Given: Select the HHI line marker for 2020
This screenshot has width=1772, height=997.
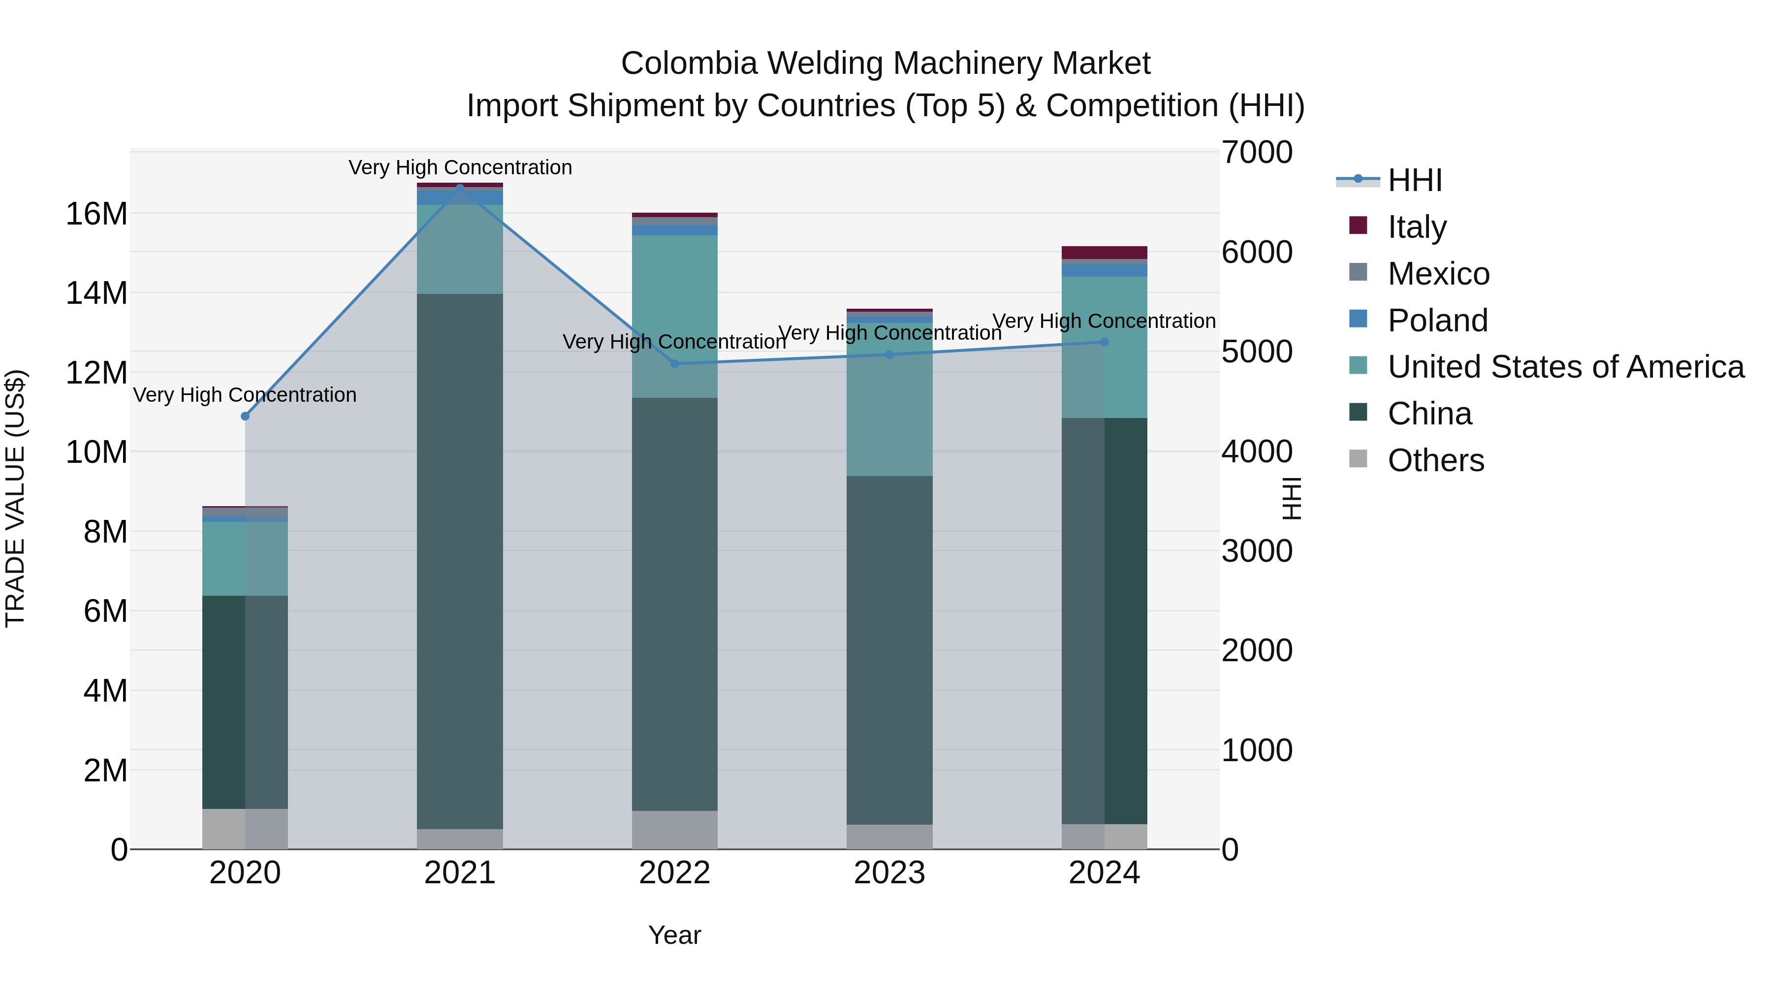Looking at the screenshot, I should [x=245, y=416].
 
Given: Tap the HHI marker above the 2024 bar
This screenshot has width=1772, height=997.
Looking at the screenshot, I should [x=1104, y=342].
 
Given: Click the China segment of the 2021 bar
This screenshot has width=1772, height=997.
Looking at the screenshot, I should [x=460, y=561].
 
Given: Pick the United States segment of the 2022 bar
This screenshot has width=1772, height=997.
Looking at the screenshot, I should [x=674, y=317].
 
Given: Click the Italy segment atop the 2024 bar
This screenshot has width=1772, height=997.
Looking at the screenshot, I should [x=1104, y=253].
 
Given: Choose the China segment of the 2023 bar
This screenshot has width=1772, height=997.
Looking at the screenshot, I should [x=889, y=650].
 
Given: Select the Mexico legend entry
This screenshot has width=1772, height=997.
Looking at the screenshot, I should [x=1438, y=274].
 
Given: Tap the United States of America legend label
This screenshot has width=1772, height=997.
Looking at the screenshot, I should [x=1566, y=367].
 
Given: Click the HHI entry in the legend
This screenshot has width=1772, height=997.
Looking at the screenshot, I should [x=1414, y=180].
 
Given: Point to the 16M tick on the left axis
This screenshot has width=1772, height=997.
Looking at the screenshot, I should [x=96, y=214].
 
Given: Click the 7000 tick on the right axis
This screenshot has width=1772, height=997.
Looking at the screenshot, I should [x=1257, y=153].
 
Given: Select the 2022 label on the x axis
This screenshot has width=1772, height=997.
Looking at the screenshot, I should [x=674, y=873].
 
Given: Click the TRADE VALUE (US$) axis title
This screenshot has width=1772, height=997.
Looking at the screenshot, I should [x=15, y=498].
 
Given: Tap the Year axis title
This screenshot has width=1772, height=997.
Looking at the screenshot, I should [x=674, y=935].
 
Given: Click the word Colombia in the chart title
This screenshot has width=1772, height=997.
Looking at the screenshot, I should [x=689, y=64].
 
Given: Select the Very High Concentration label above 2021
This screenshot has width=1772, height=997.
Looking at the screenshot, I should [x=460, y=167].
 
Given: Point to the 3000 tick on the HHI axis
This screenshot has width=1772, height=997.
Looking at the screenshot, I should [x=1257, y=551].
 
